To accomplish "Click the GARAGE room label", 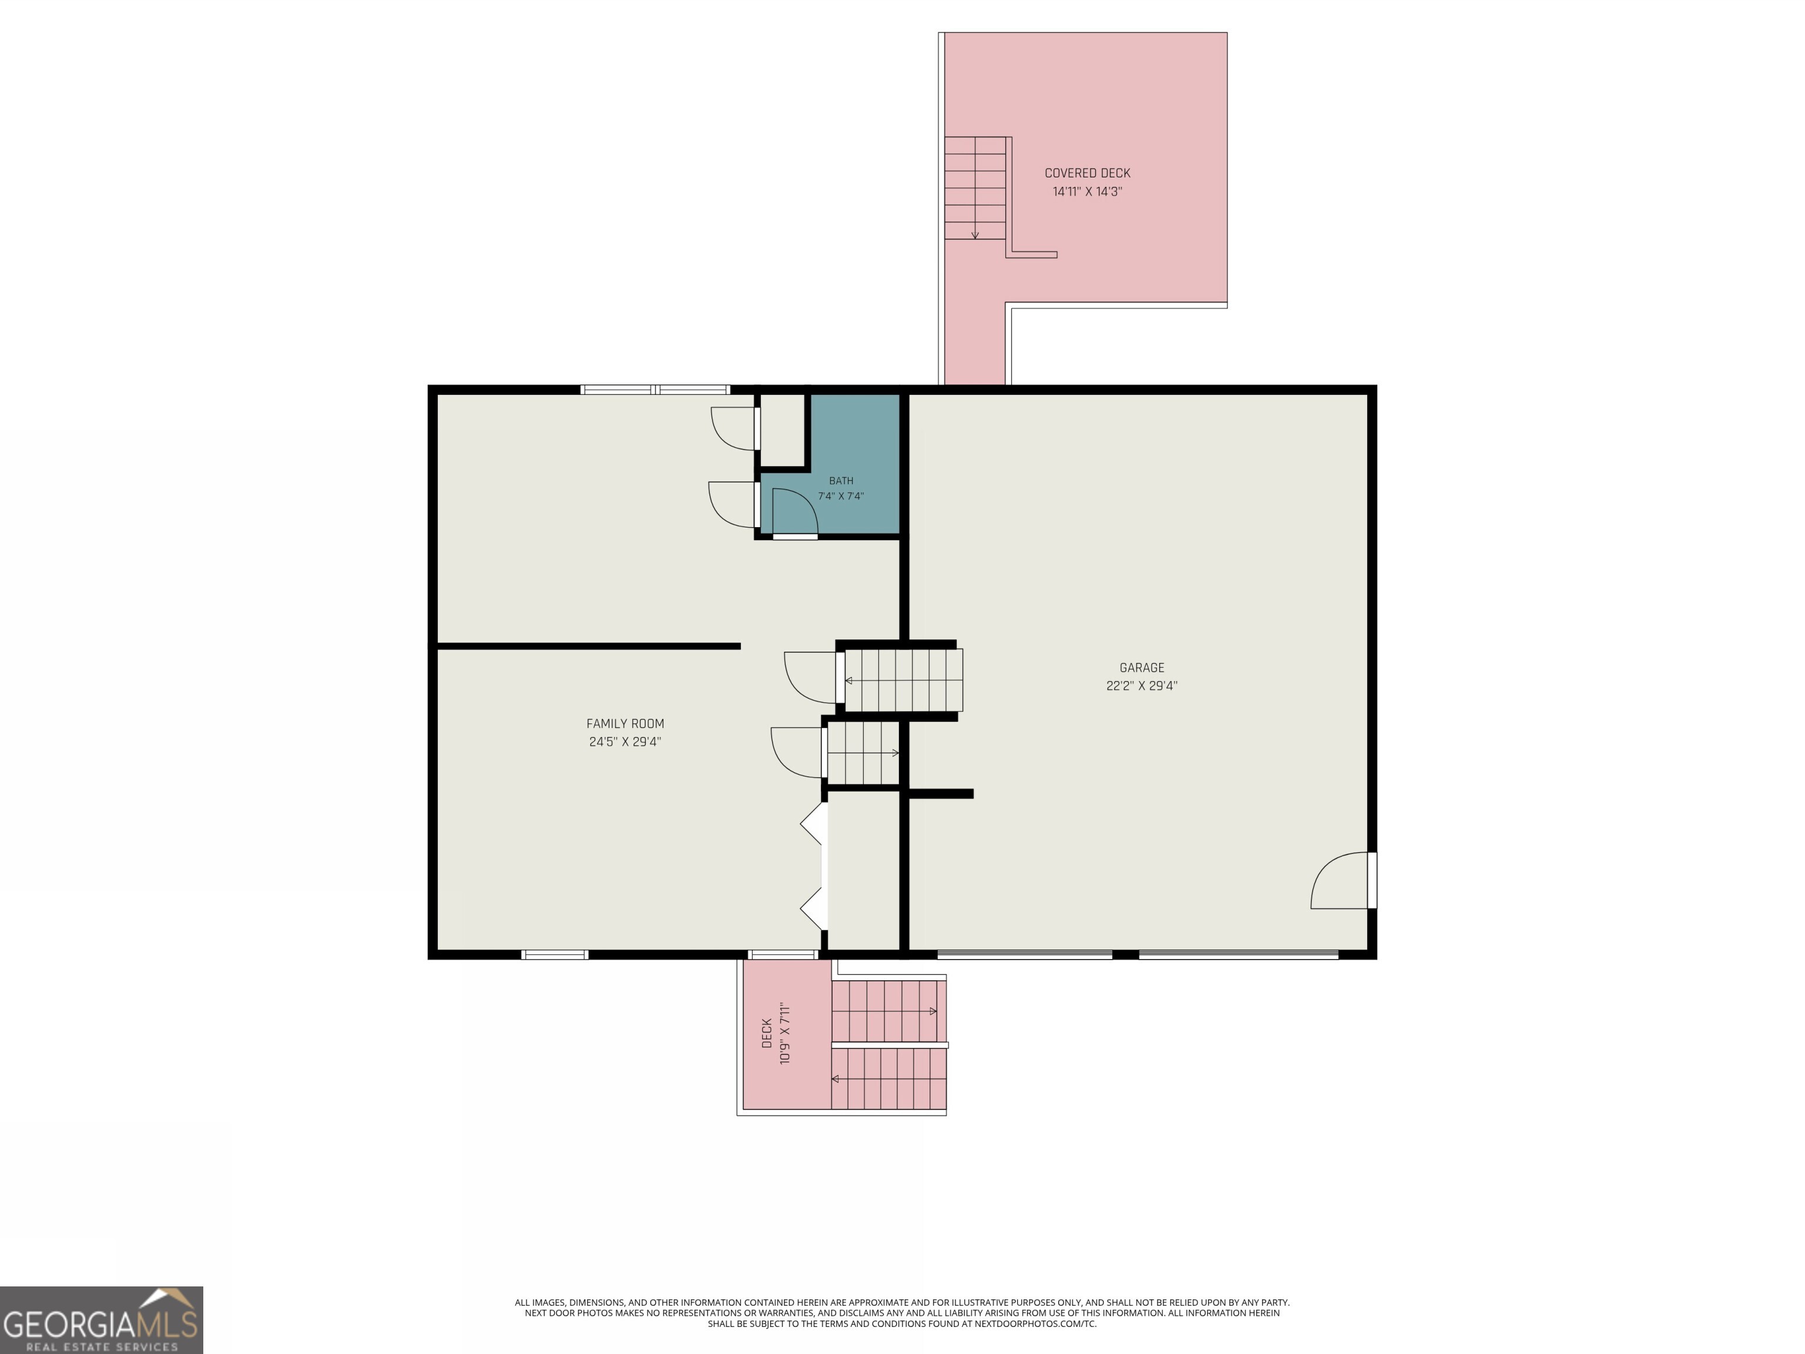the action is point(1142,668).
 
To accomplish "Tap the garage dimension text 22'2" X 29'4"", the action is point(1142,686).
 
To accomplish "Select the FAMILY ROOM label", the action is point(625,724).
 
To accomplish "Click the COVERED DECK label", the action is point(1088,173).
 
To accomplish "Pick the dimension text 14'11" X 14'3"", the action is point(1088,192).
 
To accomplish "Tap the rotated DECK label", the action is point(767,1033).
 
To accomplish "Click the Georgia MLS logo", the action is point(101,1320).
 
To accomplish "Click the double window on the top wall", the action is point(655,389).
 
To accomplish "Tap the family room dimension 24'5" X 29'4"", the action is point(625,742).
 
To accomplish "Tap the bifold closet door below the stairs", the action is point(814,866).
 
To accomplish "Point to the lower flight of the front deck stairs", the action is point(888,1078).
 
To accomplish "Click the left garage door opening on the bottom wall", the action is point(1024,953).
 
